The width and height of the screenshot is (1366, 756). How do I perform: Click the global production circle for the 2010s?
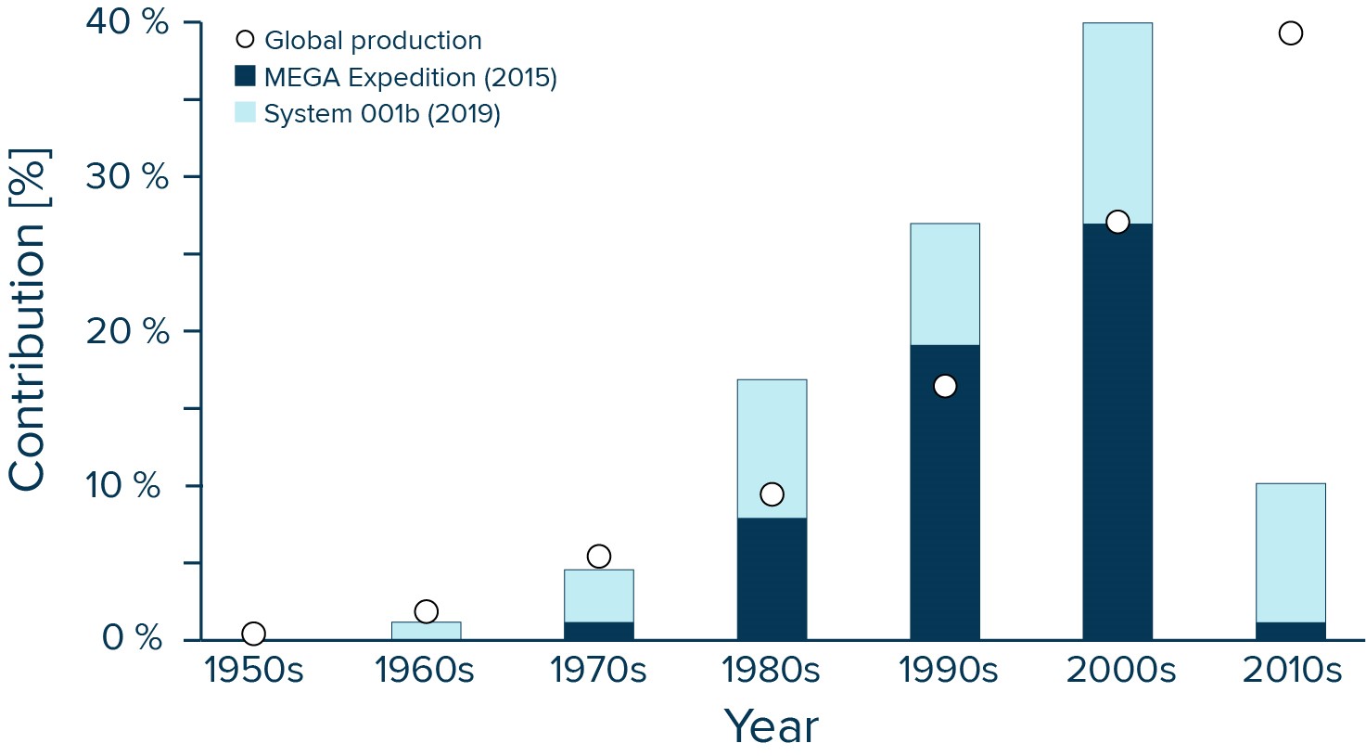coord(1290,33)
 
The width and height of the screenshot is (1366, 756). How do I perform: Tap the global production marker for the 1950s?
coord(253,634)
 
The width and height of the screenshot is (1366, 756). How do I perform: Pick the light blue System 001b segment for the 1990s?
coord(944,283)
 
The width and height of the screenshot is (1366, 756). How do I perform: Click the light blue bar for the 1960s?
coord(426,631)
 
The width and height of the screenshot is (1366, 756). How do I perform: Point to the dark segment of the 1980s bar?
coord(772,579)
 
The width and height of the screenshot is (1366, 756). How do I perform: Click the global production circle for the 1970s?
coord(599,557)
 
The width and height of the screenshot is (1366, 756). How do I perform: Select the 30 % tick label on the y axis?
coord(127,176)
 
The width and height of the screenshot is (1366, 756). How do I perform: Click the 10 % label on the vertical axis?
coord(127,485)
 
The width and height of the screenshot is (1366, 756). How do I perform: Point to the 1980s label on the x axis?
coord(772,670)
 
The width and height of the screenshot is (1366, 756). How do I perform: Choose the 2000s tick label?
coord(1120,670)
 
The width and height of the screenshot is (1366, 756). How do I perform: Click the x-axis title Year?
coord(771,726)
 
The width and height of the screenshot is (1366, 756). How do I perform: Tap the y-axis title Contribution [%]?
coord(28,320)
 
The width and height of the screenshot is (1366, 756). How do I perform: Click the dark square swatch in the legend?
coord(245,76)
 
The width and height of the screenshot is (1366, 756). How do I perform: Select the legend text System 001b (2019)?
coord(382,113)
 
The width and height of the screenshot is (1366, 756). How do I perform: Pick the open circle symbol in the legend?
coord(245,40)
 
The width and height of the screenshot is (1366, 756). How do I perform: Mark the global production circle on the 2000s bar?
coord(1117,222)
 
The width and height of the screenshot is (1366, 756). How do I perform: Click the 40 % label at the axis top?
coord(127,22)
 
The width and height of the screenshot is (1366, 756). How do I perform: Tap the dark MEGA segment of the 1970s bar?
coord(599,631)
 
